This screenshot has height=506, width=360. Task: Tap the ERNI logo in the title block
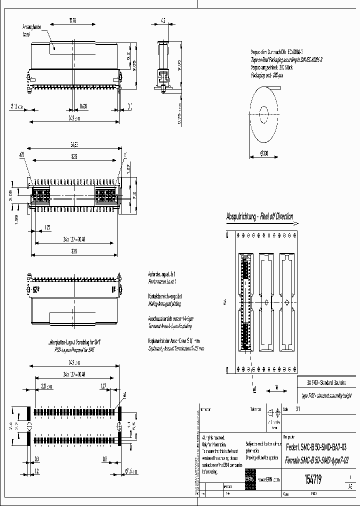coord(249,479)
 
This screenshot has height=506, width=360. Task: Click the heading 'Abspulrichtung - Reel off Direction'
coord(259,217)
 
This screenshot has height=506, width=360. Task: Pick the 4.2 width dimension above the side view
coord(163,21)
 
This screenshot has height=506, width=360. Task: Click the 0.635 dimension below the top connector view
coord(83,105)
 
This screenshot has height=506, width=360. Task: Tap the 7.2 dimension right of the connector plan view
coord(133,192)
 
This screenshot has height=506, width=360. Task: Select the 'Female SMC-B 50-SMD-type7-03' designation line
coord(316,459)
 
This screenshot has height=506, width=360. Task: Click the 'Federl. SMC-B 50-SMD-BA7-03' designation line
coord(316,446)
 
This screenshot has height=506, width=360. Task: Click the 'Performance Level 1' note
coord(161,281)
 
